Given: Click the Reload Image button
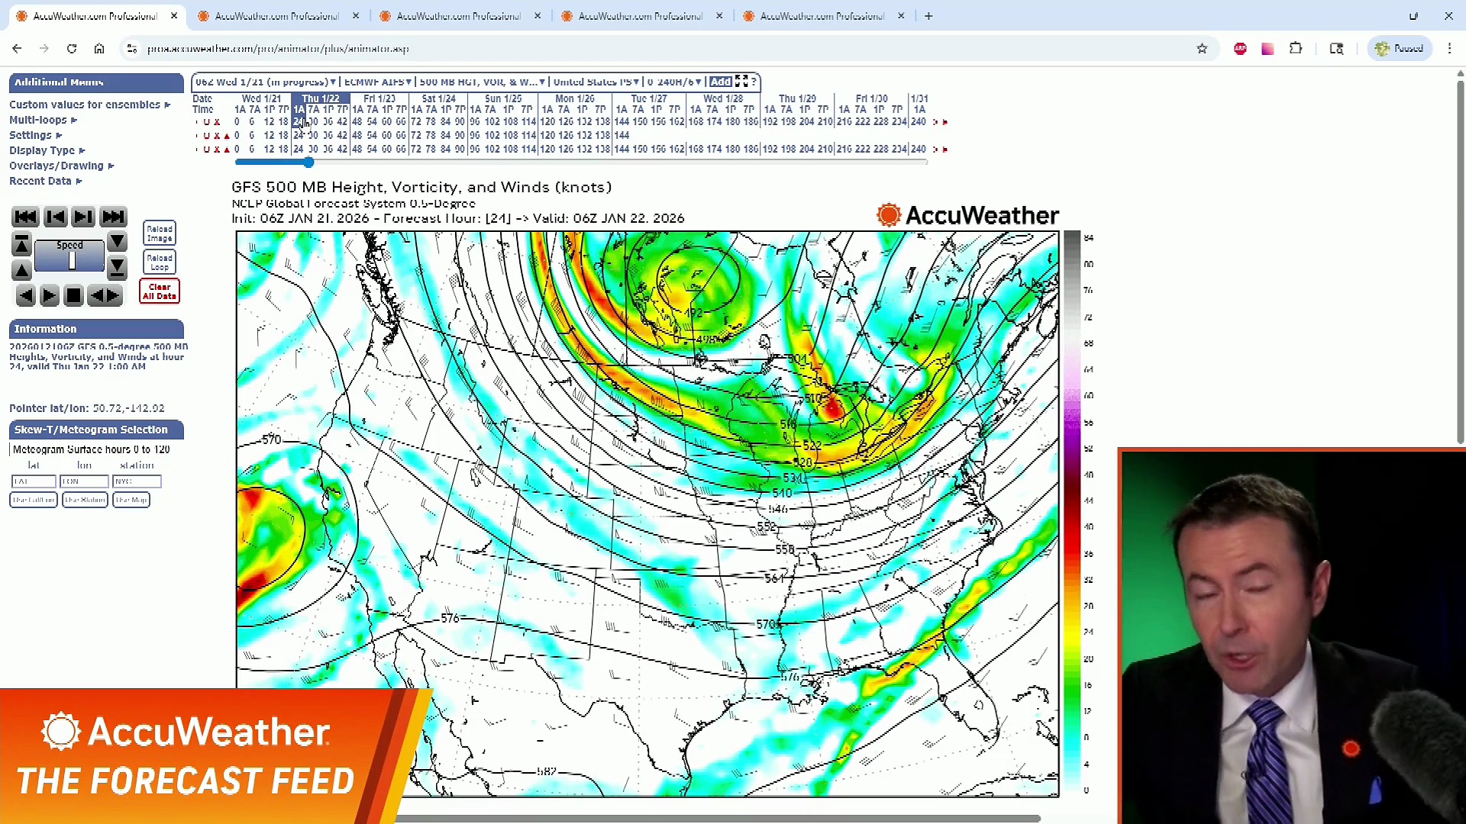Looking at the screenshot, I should [x=160, y=233].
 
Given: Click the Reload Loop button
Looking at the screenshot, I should [x=160, y=262].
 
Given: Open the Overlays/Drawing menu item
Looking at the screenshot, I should [x=57, y=166].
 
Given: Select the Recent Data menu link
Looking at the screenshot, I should [x=40, y=181].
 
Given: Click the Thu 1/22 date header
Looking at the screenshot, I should [x=320, y=98].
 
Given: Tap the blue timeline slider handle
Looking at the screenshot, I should [x=308, y=163].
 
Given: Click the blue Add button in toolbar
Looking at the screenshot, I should [x=720, y=82].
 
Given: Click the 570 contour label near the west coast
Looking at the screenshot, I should [x=272, y=439].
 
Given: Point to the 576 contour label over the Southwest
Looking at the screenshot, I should [x=450, y=618].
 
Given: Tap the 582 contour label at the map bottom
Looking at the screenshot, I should [x=547, y=771].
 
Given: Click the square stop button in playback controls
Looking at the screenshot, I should [x=73, y=296].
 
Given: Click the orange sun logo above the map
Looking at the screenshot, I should [x=889, y=215].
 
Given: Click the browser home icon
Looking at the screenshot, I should [x=99, y=49].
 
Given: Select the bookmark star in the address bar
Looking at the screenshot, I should [x=1202, y=49].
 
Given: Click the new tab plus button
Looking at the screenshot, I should [x=928, y=16].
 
